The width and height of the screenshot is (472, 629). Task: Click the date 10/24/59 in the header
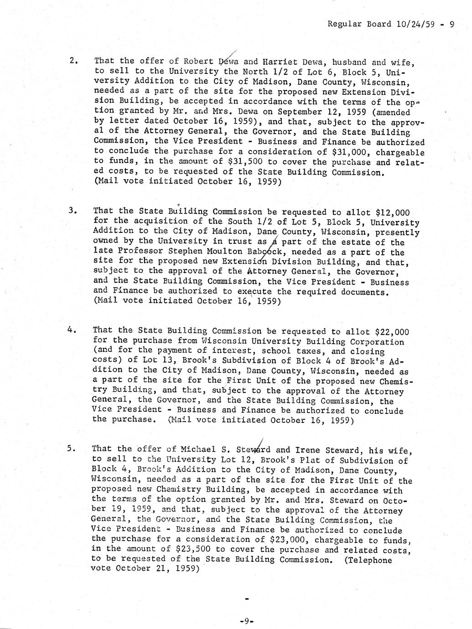tap(415, 24)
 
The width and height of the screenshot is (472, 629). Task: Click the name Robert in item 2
tap(198, 61)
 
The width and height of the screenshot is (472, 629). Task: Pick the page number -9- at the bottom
tap(246, 620)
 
